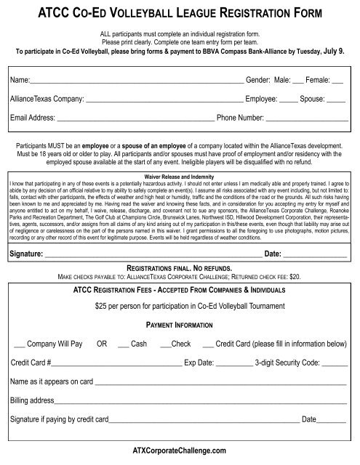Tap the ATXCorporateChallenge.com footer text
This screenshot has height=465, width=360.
click(180, 450)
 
